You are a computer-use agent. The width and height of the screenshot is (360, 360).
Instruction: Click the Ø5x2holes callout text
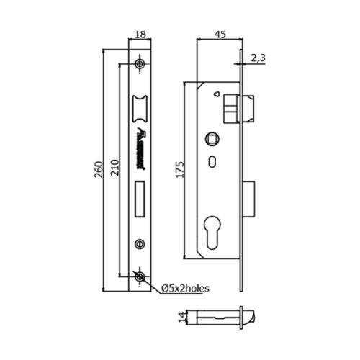tap(185, 288)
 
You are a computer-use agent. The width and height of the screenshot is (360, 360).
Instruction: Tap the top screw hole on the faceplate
tap(139, 63)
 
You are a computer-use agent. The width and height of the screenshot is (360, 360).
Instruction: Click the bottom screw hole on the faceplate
tap(139, 276)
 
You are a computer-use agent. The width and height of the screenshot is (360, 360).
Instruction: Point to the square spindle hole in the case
tap(214, 137)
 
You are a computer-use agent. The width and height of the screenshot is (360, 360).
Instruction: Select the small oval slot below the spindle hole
tap(214, 161)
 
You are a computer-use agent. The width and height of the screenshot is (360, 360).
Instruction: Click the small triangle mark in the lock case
tap(215, 94)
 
